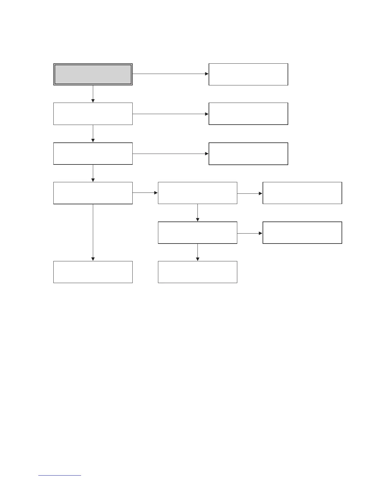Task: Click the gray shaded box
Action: tap(93, 74)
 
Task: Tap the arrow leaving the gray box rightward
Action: tap(170, 74)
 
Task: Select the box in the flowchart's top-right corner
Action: tap(248, 74)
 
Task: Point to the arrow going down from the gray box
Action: tap(93, 94)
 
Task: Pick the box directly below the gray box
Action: tap(93, 114)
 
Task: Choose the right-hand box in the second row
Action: tap(248, 114)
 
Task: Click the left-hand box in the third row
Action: tap(93, 154)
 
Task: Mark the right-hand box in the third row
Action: tap(248, 154)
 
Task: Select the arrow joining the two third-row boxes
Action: tap(170, 154)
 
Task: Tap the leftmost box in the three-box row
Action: tap(93, 193)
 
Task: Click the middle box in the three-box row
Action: tap(197, 193)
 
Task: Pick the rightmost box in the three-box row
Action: tap(302, 193)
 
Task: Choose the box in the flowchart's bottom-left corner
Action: tap(93, 272)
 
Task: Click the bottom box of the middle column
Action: tap(197, 272)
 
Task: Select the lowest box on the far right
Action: tap(302, 233)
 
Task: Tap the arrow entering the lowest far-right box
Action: tap(250, 233)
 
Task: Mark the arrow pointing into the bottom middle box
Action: tap(197, 252)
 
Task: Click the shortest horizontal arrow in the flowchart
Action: tap(145, 193)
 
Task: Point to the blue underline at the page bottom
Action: tap(60, 476)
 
